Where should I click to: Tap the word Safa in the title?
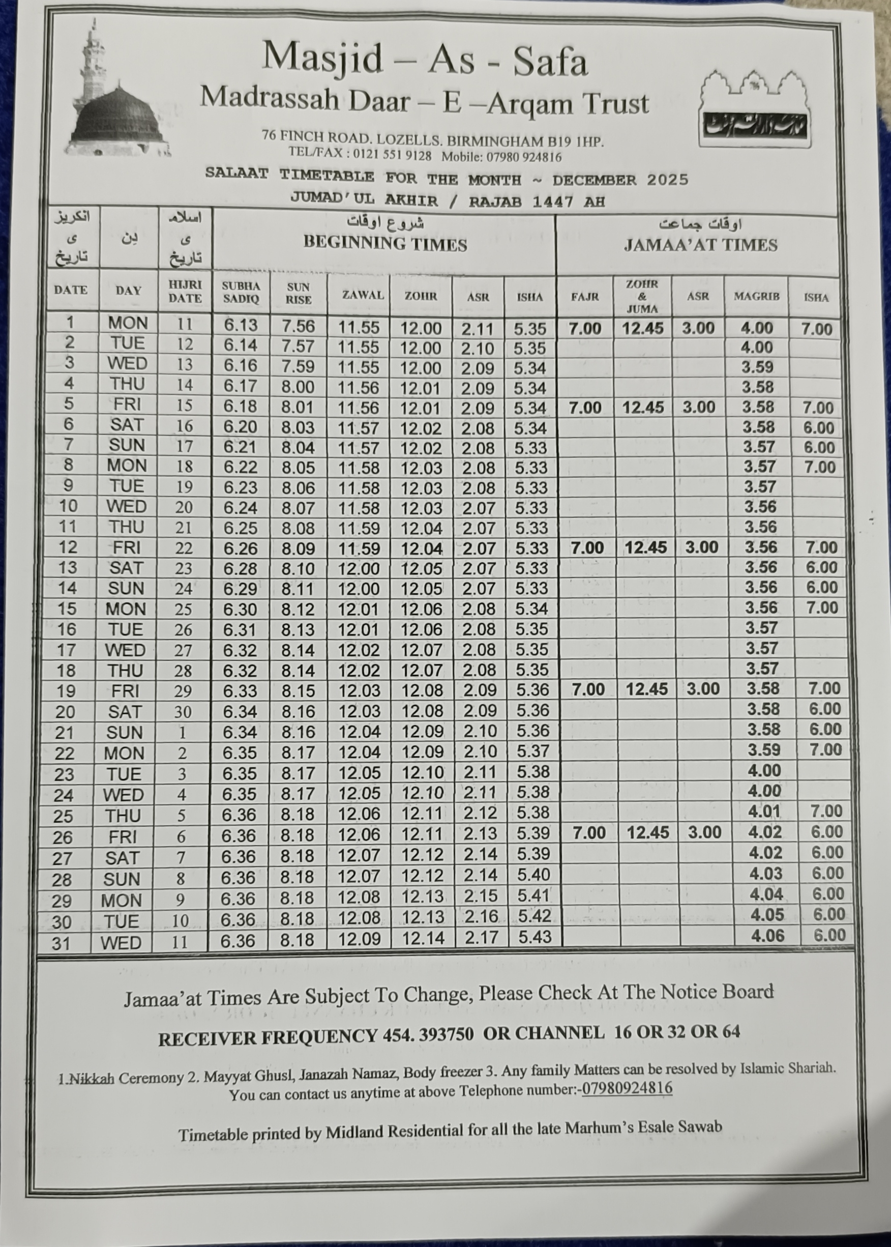(x=550, y=61)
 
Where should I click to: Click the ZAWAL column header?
(x=363, y=295)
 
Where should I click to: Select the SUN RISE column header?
(x=299, y=294)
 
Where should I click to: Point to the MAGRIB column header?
(x=757, y=297)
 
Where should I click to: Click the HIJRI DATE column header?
(x=185, y=292)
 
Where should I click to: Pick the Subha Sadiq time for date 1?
(x=241, y=326)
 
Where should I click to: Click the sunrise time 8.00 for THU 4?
(x=298, y=387)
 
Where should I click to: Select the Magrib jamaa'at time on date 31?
(x=767, y=935)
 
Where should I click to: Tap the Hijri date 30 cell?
(x=183, y=712)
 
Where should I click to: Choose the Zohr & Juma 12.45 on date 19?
(x=646, y=689)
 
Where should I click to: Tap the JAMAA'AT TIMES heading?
(x=700, y=245)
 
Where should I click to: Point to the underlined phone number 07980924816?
(x=627, y=1088)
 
